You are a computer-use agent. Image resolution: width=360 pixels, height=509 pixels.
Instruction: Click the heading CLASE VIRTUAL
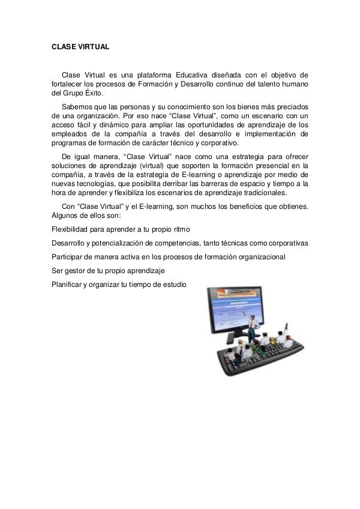point(80,46)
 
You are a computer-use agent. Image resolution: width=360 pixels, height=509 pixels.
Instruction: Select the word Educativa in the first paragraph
point(194,74)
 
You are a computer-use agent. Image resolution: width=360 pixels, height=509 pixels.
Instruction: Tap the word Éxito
point(92,94)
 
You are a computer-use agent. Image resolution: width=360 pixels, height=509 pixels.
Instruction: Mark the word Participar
point(69,256)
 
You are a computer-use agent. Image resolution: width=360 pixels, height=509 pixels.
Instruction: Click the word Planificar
point(68,284)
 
